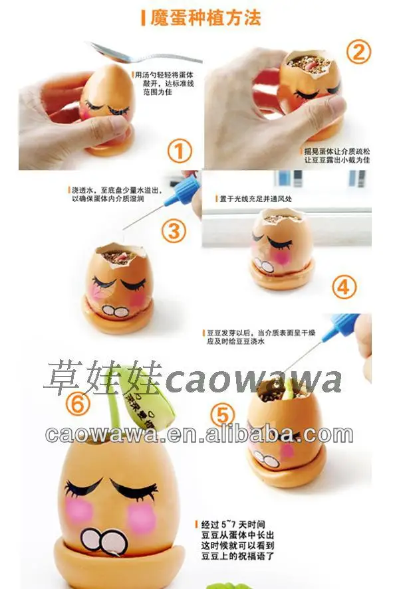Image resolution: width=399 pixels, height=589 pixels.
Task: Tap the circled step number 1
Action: [x=179, y=151]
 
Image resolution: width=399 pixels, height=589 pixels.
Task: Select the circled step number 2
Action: [x=358, y=51]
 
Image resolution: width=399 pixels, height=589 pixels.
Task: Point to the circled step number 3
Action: [x=174, y=231]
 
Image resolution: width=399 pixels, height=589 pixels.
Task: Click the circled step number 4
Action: [x=344, y=287]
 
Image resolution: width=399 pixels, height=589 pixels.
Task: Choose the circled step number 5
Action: [x=223, y=415]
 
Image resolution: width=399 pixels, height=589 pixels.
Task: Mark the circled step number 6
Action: [x=78, y=403]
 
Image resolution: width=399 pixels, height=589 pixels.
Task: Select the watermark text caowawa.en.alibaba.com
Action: [x=199, y=434]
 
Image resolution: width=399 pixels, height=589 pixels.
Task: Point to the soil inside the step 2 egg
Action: [x=310, y=65]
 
